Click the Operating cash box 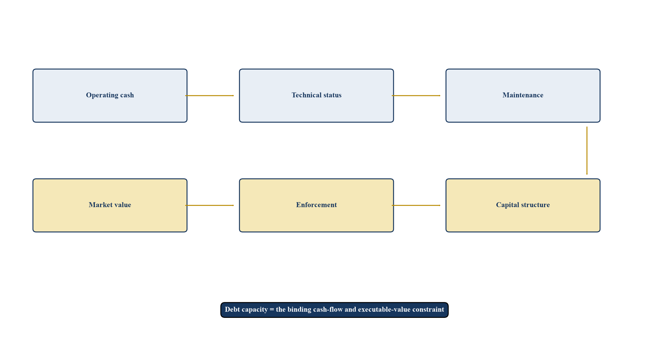pyautogui.click(x=110, y=96)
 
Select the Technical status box pyautogui.click(x=316, y=96)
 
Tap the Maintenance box pyautogui.click(x=523, y=96)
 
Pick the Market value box pyautogui.click(x=110, y=205)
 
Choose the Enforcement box pyautogui.click(x=316, y=205)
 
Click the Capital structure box pyautogui.click(x=523, y=205)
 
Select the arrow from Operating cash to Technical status pyautogui.click(x=209, y=96)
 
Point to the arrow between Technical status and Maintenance pyautogui.click(x=416, y=96)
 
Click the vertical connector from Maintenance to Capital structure pyautogui.click(x=587, y=151)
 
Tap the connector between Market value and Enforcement pyautogui.click(x=209, y=205)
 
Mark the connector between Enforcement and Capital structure pyautogui.click(x=416, y=205)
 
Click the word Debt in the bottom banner pyautogui.click(x=231, y=309)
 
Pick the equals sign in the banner pyautogui.click(x=272, y=310)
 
